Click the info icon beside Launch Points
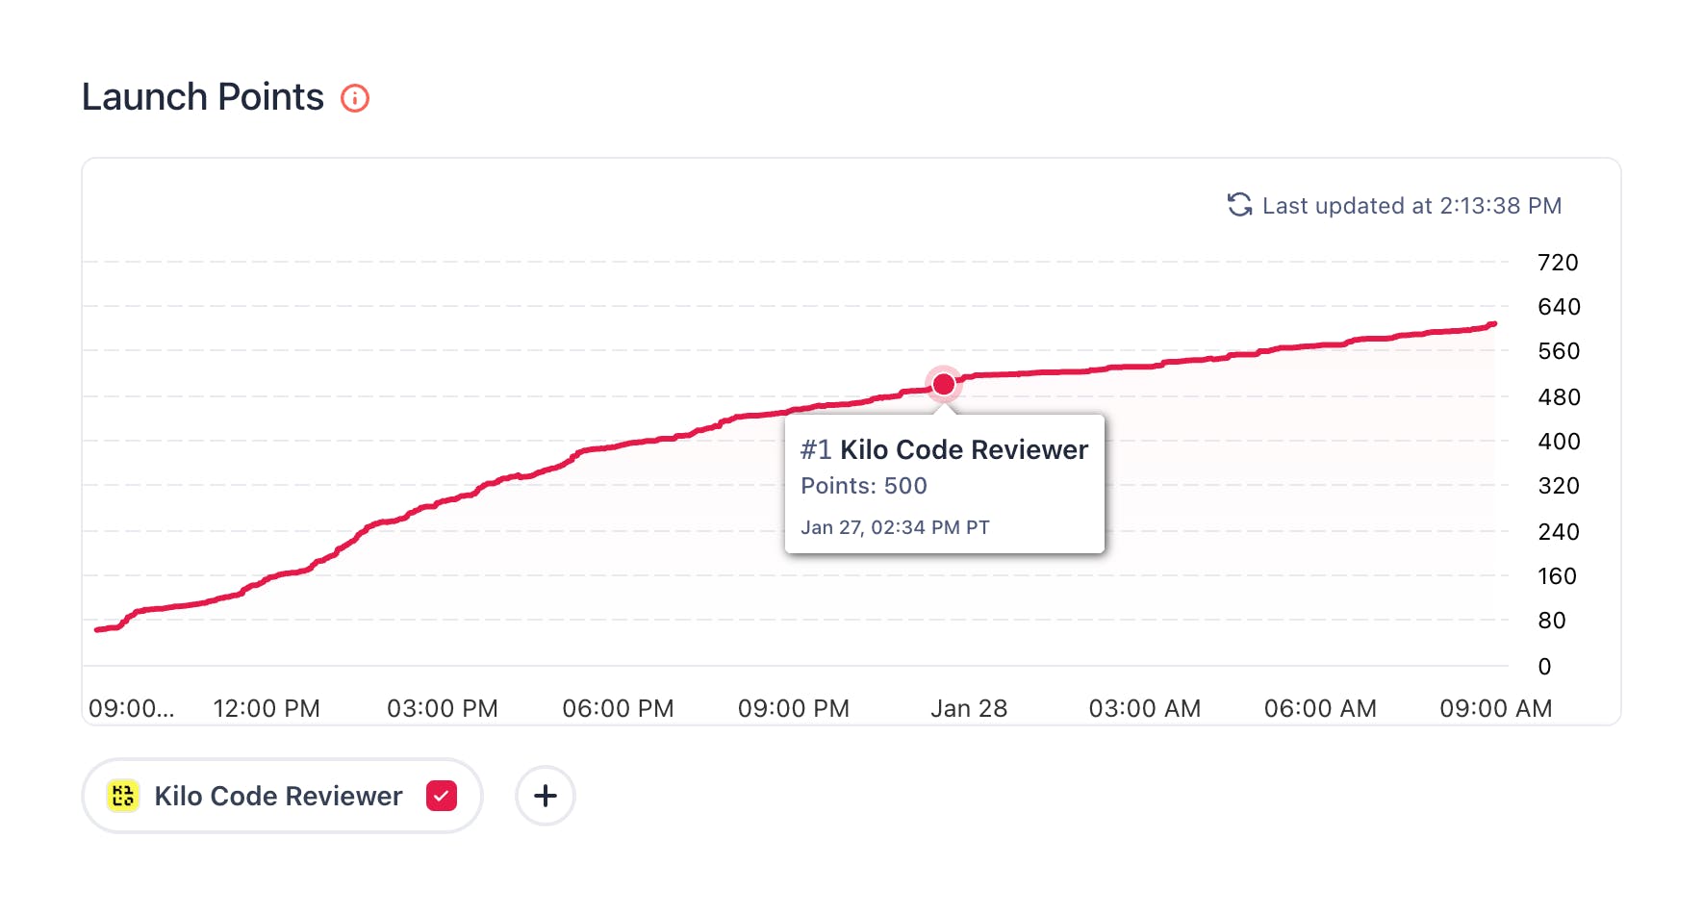pyautogui.click(x=355, y=98)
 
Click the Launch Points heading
pyautogui.click(x=203, y=97)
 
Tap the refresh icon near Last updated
pyautogui.click(x=1239, y=205)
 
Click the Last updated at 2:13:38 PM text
pyautogui.click(x=1411, y=206)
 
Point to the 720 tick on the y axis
pyautogui.click(x=1558, y=263)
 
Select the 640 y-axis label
pyautogui.click(x=1559, y=307)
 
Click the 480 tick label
pyautogui.click(x=1559, y=397)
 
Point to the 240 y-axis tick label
pyautogui.click(x=1559, y=532)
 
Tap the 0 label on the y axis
pyautogui.click(x=1544, y=667)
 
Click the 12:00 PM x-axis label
pyautogui.click(x=267, y=709)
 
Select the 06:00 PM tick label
pyautogui.click(x=618, y=709)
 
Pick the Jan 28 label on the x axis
pyautogui.click(x=969, y=709)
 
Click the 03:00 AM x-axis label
pyautogui.click(x=1145, y=709)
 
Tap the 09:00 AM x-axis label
pyautogui.click(x=1495, y=709)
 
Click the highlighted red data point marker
pyautogui.click(x=944, y=384)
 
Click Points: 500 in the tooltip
pyautogui.click(x=864, y=486)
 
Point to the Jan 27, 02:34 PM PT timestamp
pyautogui.click(x=895, y=527)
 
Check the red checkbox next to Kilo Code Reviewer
pyautogui.click(x=442, y=796)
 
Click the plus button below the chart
pyautogui.click(x=546, y=796)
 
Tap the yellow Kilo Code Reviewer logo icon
pyautogui.click(x=123, y=796)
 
